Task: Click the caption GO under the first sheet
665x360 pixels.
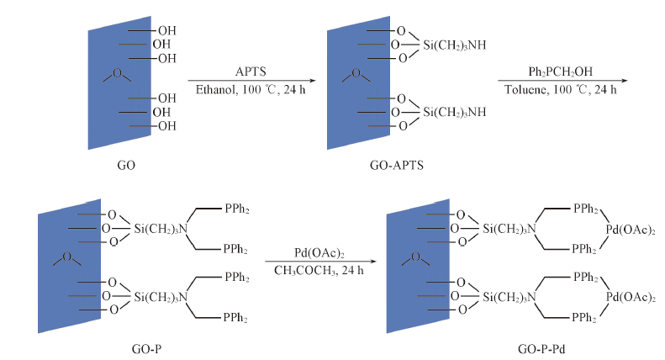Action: (x=126, y=165)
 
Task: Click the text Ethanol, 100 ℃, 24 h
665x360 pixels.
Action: (x=244, y=88)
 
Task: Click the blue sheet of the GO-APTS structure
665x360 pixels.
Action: (x=347, y=84)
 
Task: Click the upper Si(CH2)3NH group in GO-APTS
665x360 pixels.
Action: (x=455, y=45)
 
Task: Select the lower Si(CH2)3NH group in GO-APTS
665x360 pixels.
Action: (x=455, y=112)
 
